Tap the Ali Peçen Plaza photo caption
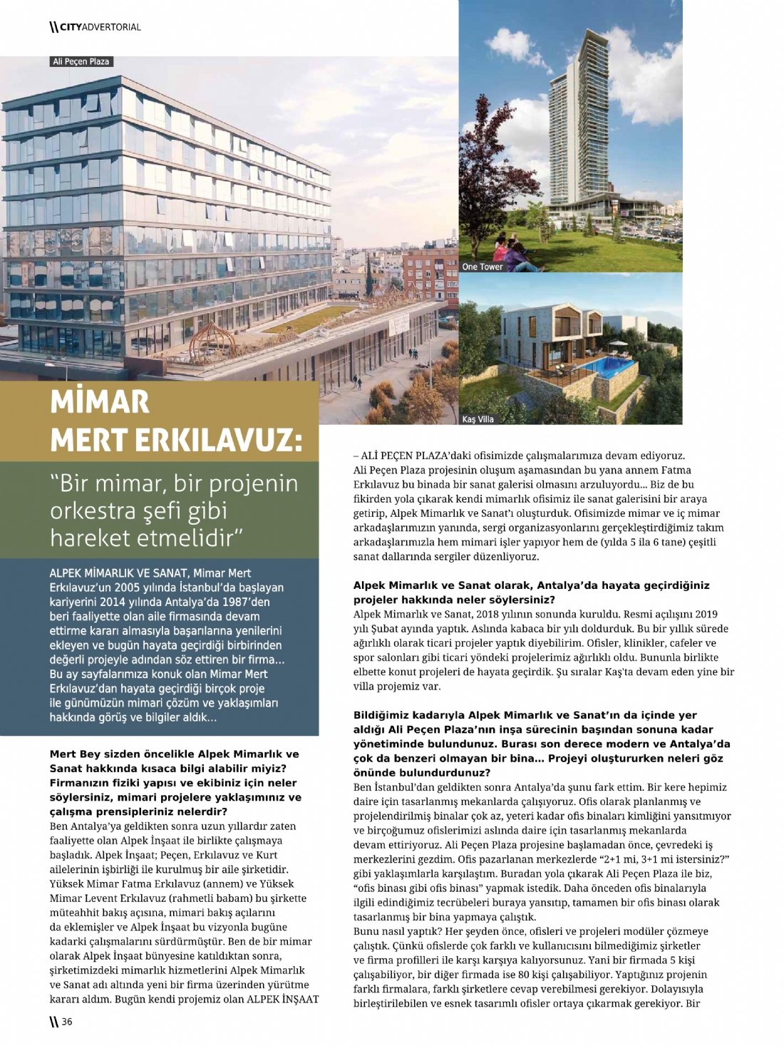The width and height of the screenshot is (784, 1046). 81,61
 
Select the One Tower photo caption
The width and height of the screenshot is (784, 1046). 483,267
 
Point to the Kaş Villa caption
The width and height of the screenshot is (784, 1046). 478,419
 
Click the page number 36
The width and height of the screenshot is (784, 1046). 66,1022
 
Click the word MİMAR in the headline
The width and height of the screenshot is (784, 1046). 100,402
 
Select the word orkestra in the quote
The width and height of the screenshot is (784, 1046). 93,511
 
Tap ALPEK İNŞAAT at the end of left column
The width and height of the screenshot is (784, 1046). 282,999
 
